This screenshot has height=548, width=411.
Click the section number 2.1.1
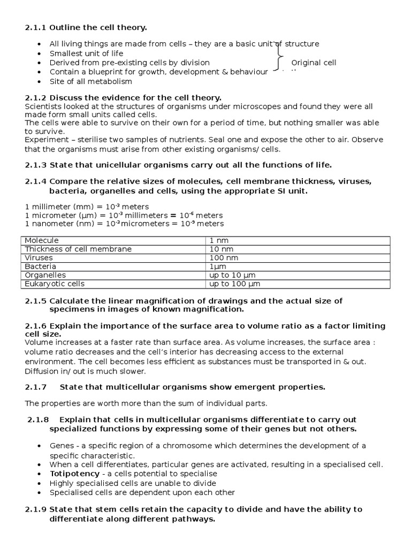(35, 27)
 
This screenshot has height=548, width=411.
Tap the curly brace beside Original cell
(279, 57)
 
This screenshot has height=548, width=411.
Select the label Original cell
(314, 63)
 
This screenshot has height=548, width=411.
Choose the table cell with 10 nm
(221, 249)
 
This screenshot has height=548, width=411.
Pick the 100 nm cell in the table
(223, 257)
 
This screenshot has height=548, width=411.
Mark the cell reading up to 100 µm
(234, 284)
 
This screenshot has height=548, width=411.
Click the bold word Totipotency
(74, 474)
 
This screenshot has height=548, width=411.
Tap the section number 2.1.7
(36, 386)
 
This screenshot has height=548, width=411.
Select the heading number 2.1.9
(36, 509)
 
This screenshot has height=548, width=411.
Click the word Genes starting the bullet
(61, 445)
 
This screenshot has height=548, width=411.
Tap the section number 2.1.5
(36, 301)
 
